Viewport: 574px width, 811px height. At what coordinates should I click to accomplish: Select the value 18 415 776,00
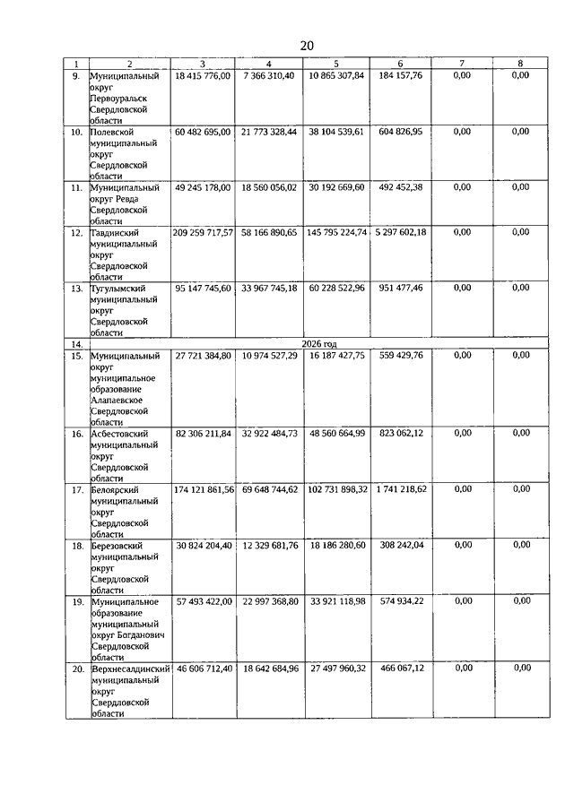coord(203,76)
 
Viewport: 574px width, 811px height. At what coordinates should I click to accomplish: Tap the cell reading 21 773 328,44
coord(268,132)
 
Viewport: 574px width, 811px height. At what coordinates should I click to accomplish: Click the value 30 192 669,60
coord(336,188)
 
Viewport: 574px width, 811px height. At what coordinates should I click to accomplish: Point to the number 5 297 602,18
coord(400,232)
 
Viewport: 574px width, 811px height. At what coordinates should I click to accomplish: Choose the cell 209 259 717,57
coord(204,232)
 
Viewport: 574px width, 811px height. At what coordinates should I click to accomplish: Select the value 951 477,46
coord(400,288)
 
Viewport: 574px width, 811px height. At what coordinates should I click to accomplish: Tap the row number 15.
coord(76,356)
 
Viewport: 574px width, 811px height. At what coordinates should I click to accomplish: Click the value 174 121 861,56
coord(204,489)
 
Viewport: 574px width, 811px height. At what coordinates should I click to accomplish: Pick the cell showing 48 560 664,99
coord(336,434)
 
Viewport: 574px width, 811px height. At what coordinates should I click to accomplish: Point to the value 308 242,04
coord(400,545)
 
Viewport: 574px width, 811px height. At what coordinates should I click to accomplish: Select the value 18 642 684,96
coord(268,669)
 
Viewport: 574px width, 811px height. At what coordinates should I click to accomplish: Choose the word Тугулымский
coord(117,288)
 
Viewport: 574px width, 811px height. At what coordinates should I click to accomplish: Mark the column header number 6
coord(400,64)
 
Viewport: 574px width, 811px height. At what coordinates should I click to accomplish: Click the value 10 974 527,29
coord(268,356)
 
